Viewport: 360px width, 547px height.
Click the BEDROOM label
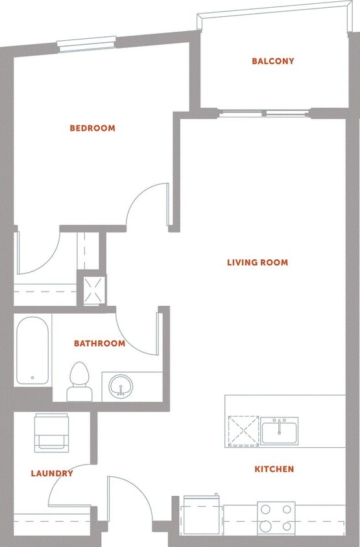point(92,128)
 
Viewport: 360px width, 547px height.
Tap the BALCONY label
point(273,62)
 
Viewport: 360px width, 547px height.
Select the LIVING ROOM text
point(258,262)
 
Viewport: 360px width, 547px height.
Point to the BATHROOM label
point(99,343)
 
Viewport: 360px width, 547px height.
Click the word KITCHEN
point(274,469)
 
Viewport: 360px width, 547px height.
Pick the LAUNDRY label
point(52,473)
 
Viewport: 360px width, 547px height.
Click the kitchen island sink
point(280,431)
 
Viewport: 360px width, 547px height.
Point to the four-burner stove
point(276,518)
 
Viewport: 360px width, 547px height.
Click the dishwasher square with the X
point(242,431)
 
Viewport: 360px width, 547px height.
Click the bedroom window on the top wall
point(86,44)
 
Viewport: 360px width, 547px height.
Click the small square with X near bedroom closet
point(91,290)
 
